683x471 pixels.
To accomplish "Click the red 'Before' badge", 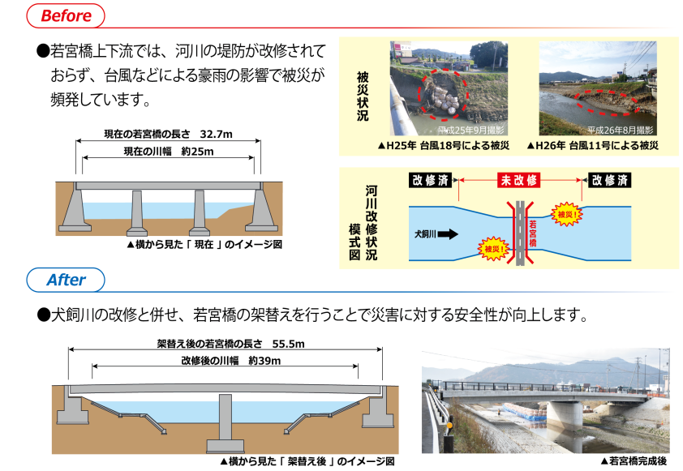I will click(x=65, y=15).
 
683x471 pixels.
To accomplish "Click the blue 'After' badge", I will click(x=66, y=280).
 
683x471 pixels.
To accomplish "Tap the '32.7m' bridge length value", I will click(x=216, y=133).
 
